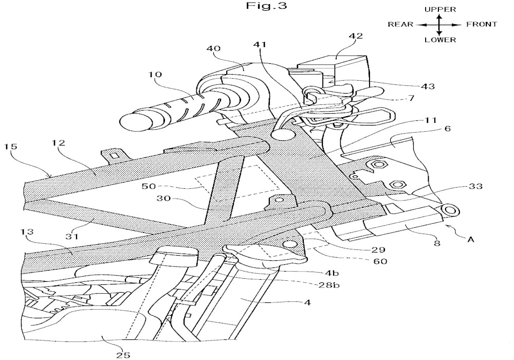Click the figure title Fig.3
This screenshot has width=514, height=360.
pos(266,6)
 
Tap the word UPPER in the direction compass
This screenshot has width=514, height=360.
pos(440,9)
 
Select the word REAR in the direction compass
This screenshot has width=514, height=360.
pos(400,25)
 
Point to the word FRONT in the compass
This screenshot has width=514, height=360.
pos(482,24)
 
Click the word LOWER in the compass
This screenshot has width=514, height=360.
pos(440,40)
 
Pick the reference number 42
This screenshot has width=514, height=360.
pos(356,35)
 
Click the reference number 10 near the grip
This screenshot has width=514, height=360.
pos(155,74)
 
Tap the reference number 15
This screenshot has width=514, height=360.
pos(10,146)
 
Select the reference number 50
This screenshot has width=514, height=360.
pos(149,186)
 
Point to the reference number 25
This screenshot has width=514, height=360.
pos(123,354)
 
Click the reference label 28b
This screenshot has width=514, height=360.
pos(329,285)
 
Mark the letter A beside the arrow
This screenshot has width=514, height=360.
pos(471,240)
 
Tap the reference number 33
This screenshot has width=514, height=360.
pos(475,186)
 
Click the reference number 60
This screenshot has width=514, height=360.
pos(380,261)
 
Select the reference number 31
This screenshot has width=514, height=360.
pos(72,236)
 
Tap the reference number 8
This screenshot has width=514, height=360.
pos(436,243)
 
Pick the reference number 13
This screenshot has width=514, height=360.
pos(27,232)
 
